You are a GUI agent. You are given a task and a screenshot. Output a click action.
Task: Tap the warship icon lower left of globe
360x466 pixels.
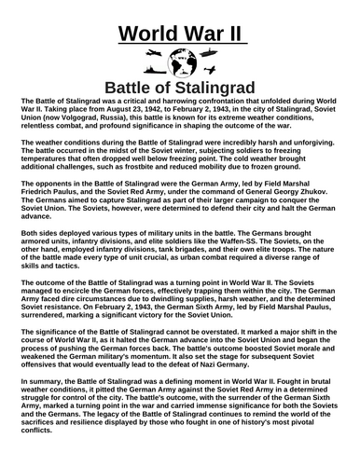[147, 74]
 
